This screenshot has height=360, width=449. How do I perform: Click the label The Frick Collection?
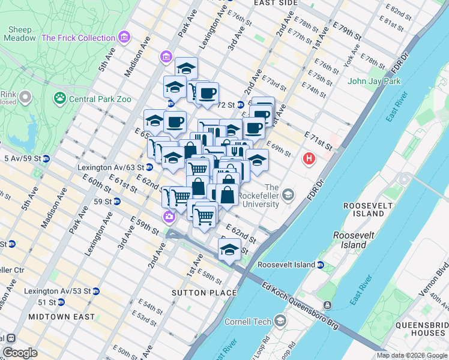point(78,38)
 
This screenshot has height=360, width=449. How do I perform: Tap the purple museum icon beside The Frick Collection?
point(124,38)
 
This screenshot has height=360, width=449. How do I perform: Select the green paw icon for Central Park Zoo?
point(60,98)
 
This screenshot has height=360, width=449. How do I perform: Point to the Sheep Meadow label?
point(20,34)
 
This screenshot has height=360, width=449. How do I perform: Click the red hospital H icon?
point(309,159)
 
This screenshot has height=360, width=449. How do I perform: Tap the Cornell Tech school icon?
point(280,322)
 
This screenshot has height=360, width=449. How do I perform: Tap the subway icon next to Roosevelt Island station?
point(321,265)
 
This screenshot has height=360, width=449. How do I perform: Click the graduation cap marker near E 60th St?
point(229,249)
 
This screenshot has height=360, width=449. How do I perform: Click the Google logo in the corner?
point(20,353)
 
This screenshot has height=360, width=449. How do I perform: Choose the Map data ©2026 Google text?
point(411,355)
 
